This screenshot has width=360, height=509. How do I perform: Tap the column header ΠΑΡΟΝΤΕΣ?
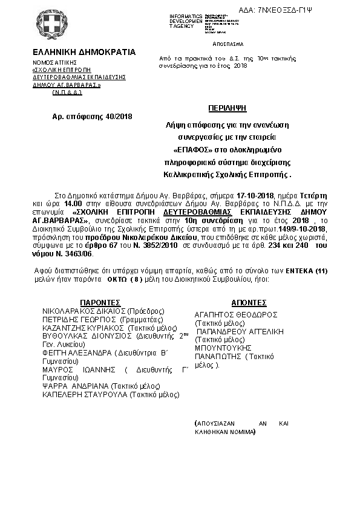click(100, 302)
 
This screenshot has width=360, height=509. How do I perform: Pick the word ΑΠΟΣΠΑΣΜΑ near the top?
click(228, 44)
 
